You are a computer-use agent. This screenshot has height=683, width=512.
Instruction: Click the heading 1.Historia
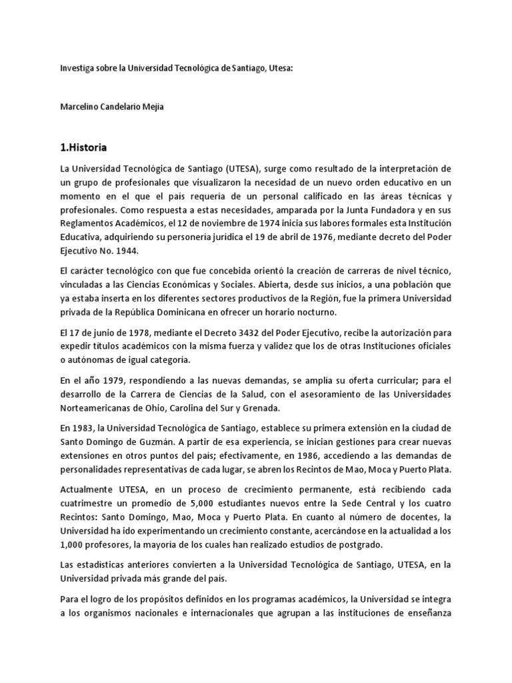[x=84, y=147]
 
